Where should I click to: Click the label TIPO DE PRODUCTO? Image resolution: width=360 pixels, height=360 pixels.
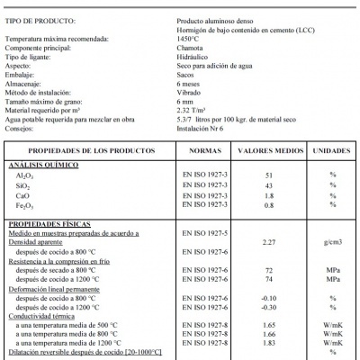(35, 18)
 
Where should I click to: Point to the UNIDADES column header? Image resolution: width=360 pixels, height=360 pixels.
(331, 151)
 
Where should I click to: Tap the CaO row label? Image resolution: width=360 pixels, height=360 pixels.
(23, 194)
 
